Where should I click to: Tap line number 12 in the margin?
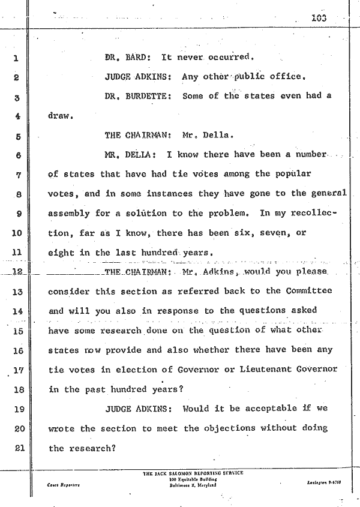16,271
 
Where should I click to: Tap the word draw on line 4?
60,116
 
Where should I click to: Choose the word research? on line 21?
92,448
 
